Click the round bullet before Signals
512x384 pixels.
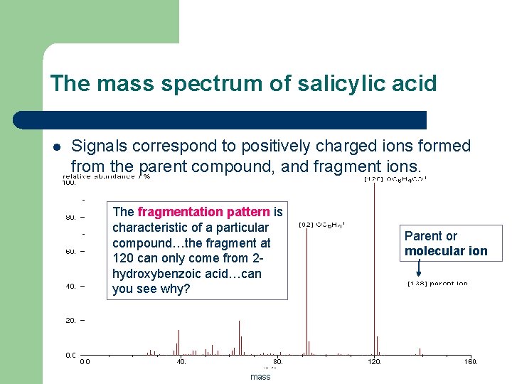click(x=57, y=147)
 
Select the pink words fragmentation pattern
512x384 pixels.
click(x=204, y=211)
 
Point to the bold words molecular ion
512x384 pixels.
click(x=446, y=251)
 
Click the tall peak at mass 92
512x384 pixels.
click(x=306, y=284)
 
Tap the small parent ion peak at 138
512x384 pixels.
click(x=420, y=351)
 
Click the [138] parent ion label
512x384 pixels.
click(x=437, y=284)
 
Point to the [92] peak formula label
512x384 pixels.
click(x=321, y=225)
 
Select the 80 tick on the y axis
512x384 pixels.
click(x=71, y=217)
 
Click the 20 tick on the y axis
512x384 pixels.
click(x=71, y=321)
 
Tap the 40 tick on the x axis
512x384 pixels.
click(x=181, y=362)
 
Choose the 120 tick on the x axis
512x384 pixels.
click(x=374, y=362)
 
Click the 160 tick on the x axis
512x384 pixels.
click(x=471, y=362)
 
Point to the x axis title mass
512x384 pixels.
click(x=260, y=377)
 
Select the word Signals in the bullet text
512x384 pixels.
click(x=100, y=146)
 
